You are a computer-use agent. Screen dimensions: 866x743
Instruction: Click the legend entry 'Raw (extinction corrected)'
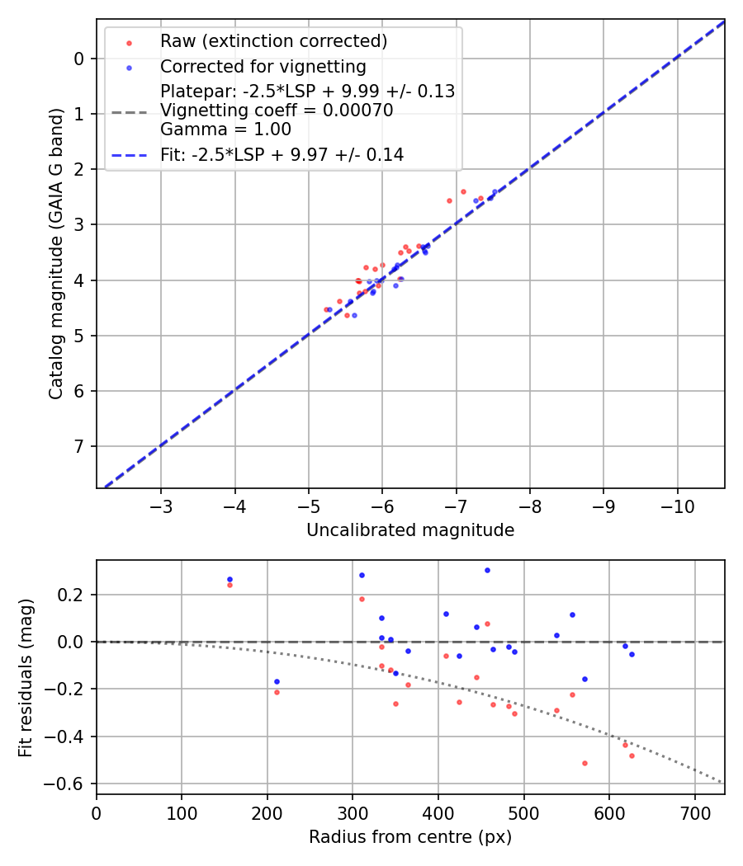tap(273, 41)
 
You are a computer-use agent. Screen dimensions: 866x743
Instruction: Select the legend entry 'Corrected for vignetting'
tap(263, 67)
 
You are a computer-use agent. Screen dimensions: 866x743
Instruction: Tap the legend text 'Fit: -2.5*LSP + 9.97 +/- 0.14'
tap(282, 154)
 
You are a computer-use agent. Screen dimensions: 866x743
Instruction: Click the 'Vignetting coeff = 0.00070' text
tap(277, 111)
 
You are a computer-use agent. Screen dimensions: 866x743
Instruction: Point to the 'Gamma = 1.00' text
tap(225, 129)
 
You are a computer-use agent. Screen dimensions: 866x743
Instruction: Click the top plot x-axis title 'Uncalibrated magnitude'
tap(410, 530)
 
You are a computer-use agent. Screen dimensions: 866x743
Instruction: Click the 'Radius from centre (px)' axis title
tap(410, 837)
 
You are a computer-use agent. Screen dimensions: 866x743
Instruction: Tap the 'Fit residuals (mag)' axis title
tap(26, 677)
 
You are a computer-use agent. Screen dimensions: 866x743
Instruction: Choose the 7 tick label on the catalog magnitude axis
tap(79, 447)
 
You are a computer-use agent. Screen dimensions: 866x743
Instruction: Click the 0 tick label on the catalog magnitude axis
tap(79, 59)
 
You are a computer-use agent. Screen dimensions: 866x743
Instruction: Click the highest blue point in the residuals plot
tap(487, 570)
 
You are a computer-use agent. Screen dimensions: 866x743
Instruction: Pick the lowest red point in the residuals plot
tap(584, 763)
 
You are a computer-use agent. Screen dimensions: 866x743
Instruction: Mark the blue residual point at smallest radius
tap(230, 579)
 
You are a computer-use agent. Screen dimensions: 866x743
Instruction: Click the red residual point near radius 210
tap(277, 692)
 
